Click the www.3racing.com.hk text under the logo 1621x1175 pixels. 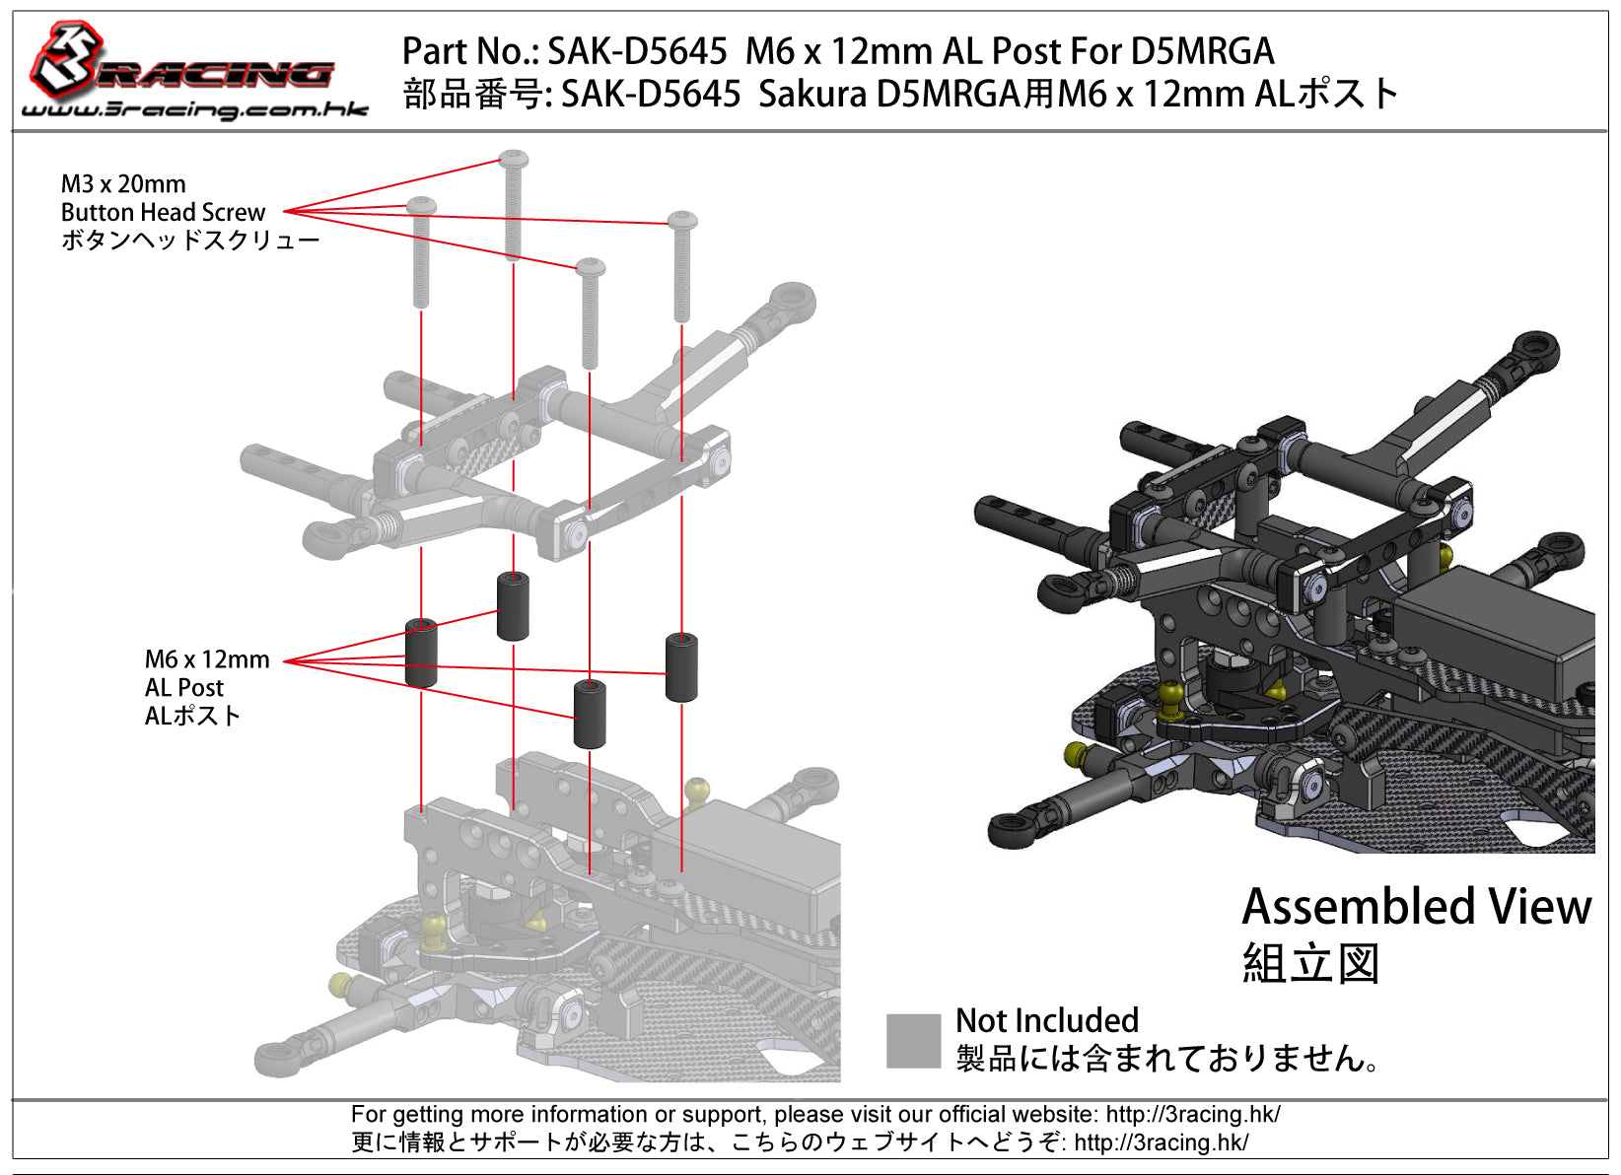tap(194, 110)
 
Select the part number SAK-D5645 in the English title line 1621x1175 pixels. tap(637, 51)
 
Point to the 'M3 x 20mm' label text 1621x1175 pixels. tap(123, 183)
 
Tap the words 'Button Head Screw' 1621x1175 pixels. tap(163, 212)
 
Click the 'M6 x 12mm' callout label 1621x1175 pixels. tap(207, 659)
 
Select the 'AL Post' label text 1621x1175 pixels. tap(183, 687)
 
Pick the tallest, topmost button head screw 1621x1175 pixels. tap(513, 205)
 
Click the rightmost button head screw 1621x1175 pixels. tap(681, 266)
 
